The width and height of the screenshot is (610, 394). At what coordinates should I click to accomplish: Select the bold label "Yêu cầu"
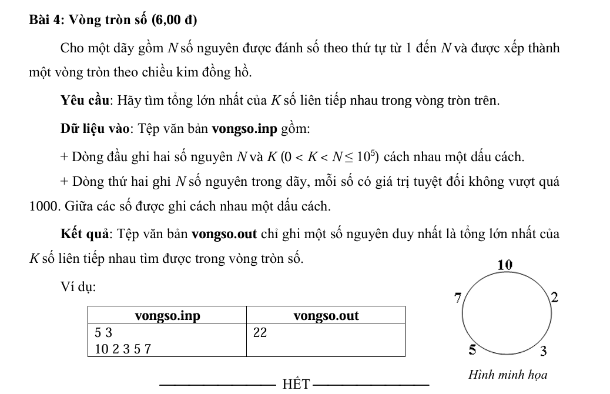click(87, 101)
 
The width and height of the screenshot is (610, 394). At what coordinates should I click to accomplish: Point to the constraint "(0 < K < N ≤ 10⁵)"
click(330, 157)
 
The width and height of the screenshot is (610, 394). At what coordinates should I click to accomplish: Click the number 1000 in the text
click(43, 206)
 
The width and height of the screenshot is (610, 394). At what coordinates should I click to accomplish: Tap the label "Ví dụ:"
click(78, 287)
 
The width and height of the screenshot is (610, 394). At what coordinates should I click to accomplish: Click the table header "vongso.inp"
click(167, 316)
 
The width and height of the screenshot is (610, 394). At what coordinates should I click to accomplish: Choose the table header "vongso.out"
click(326, 316)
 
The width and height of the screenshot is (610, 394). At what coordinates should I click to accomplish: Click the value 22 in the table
click(260, 333)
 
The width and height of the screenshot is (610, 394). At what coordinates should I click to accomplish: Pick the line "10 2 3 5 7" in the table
click(123, 349)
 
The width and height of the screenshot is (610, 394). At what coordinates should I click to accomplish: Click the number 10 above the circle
click(505, 265)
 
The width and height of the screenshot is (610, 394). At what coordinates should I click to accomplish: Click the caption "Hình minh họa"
click(508, 375)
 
